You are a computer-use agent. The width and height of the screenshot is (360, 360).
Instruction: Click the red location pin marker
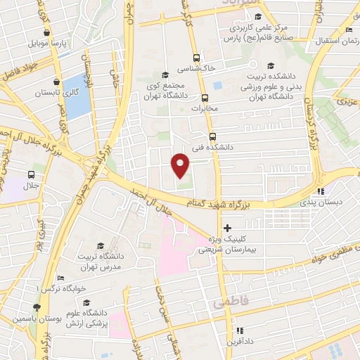(x=180, y=165)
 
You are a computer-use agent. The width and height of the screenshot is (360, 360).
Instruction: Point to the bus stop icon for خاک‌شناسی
(x=196, y=58)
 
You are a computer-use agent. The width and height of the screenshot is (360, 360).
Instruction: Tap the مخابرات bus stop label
(x=205, y=108)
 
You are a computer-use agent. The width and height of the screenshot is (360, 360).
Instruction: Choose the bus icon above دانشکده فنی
(x=212, y=137)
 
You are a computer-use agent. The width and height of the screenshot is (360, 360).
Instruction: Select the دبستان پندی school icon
(x=321, y=191)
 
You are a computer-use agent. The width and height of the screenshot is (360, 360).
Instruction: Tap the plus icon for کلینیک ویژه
(x=226, y=228)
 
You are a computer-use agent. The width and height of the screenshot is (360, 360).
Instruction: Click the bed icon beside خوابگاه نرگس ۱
(x=59, y=278)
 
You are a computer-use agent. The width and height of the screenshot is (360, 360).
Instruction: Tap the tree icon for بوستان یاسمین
(x=36, y=307)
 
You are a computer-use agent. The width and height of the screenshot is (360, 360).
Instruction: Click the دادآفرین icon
(x=238, y=330)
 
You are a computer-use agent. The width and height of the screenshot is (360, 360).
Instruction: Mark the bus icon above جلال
(x=32, y=174)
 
